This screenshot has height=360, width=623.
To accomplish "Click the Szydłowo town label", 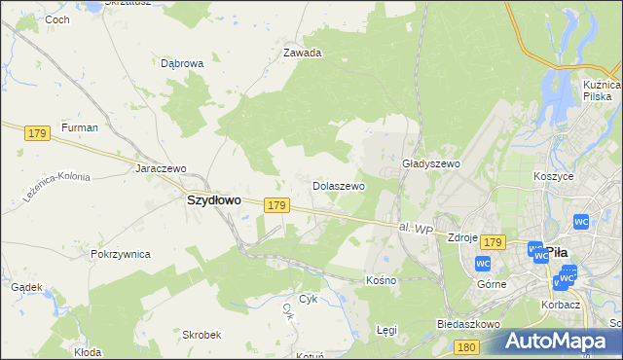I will [213, 199].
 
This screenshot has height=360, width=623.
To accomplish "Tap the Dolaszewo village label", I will [338, 185].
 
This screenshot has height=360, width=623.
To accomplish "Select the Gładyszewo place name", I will [430, 164].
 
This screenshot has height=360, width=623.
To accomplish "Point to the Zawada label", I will [302, 54].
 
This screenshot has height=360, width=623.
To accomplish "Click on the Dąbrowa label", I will [182, 63].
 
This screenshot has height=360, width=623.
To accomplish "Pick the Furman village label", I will [80, 127].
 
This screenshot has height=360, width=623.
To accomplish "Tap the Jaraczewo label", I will [161, 168].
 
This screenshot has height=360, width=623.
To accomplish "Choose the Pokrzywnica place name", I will [120, 254].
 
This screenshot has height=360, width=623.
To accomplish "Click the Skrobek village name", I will [202, 334].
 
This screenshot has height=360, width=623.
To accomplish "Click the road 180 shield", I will [467, 346].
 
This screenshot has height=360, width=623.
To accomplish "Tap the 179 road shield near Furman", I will [38, 132].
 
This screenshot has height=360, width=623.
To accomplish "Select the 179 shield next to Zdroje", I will [493, 241].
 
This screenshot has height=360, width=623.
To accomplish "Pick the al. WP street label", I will [415, 228].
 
